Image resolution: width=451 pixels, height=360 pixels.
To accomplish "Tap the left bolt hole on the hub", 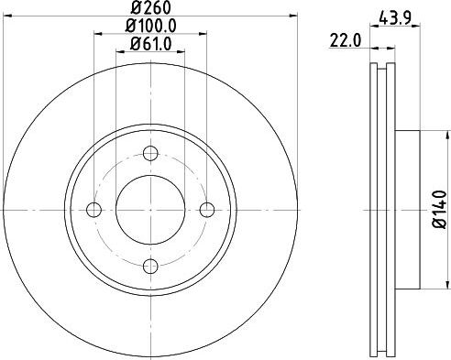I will click(x=93, y=210).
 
